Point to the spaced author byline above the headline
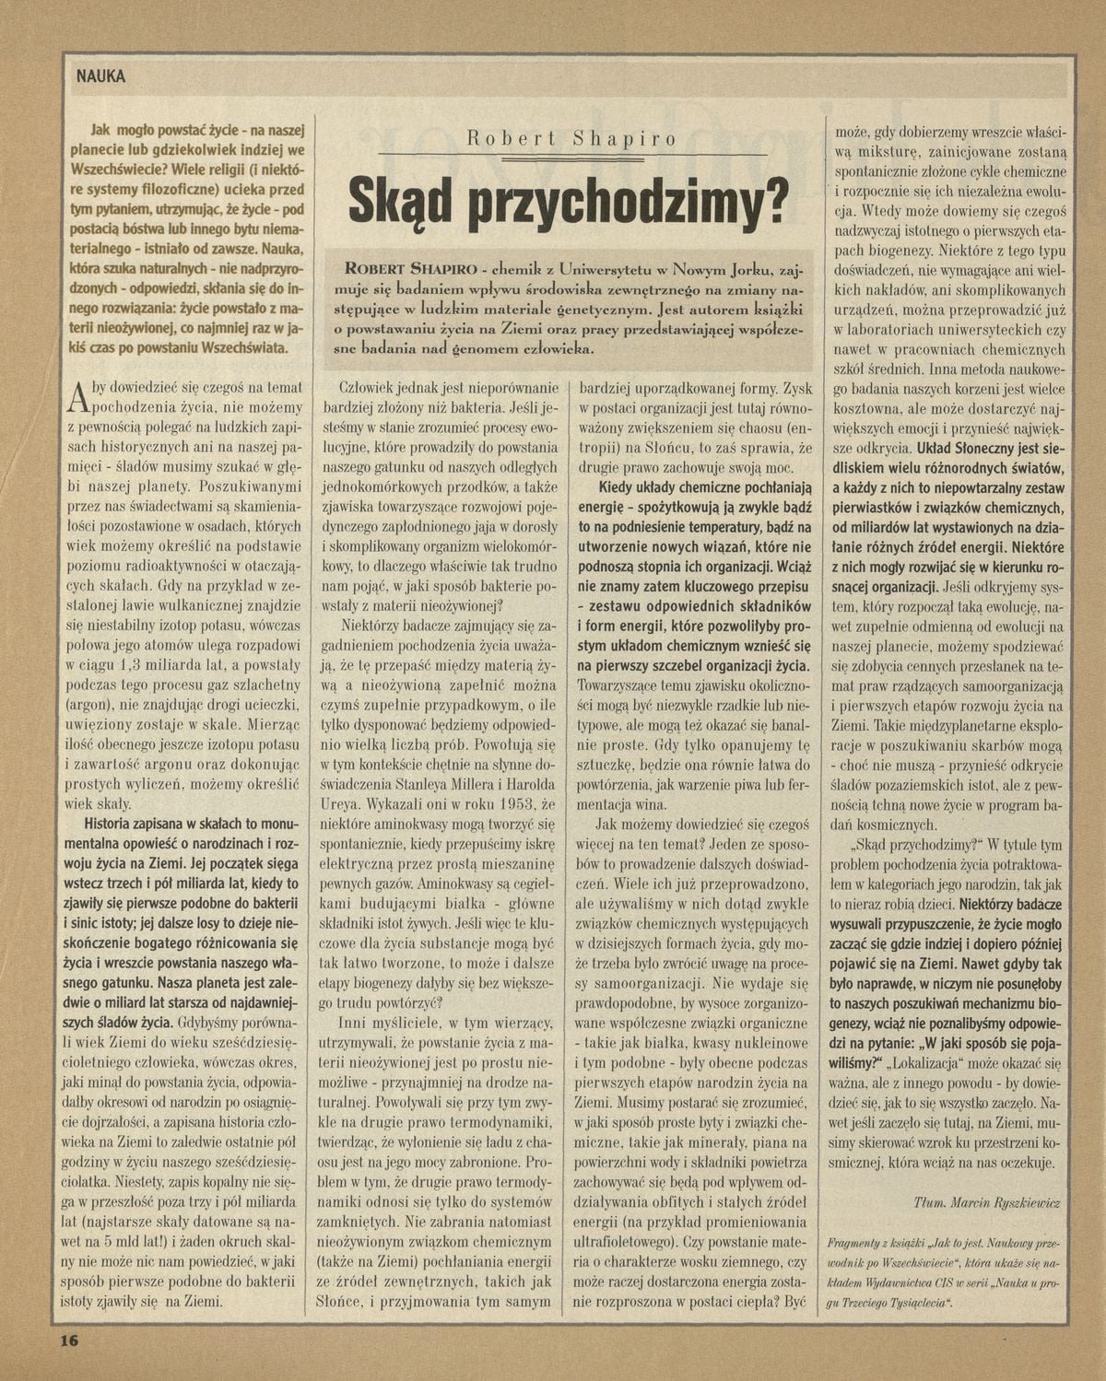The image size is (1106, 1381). click(571, 139)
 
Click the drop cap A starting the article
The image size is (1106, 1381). click(78, 396)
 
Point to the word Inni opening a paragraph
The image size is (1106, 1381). click(357, 1022)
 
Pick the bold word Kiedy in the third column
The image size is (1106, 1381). click(619, 486)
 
